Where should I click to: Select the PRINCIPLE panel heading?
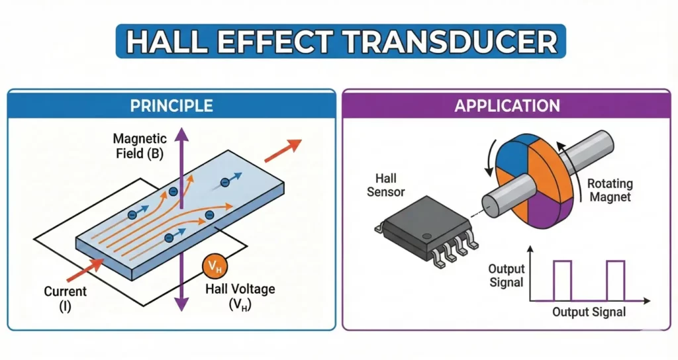coord(171,106)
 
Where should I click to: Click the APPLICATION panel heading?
coord(507,106)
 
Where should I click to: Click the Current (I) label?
coord(65,298)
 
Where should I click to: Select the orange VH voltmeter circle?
coord(215,267)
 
